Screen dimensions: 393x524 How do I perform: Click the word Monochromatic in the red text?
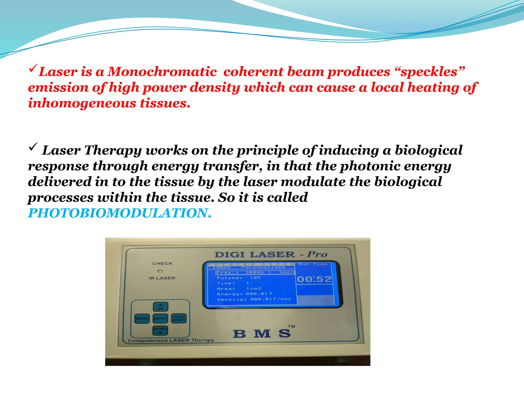162,72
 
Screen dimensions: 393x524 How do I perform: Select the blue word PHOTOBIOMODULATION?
119,213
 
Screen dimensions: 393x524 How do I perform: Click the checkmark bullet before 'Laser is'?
33,68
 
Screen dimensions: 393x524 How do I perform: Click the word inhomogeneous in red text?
82,103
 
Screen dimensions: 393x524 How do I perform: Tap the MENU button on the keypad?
142,319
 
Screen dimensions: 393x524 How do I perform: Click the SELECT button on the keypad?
160,319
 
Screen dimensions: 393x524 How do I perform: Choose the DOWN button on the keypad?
160,330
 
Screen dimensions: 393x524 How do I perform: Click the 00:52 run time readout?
314,279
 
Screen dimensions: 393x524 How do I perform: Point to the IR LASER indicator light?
160,271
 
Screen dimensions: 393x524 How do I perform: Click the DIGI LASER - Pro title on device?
271,255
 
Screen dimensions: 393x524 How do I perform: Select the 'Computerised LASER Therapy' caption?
171,341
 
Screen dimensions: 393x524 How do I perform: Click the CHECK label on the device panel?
162,264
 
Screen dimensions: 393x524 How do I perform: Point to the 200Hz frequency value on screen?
255,272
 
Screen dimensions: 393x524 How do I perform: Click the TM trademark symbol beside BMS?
291,326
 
